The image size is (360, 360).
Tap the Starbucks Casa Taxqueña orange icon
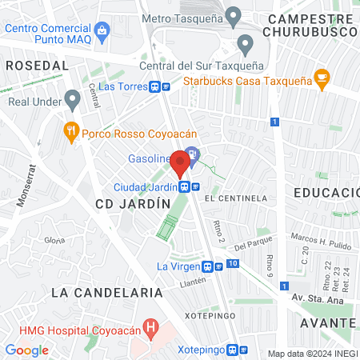[322, 78]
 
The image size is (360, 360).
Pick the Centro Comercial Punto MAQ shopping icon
[102, 32]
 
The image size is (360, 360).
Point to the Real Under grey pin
[73, 101]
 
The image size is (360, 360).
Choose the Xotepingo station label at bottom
[200, 350]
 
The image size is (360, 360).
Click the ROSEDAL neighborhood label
[37, 65]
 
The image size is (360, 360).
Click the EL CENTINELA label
[235, 198]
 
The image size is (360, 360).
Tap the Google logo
[27, 350]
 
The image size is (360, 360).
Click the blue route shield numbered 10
[231, 263]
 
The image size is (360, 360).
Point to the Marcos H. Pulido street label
[320, 236]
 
